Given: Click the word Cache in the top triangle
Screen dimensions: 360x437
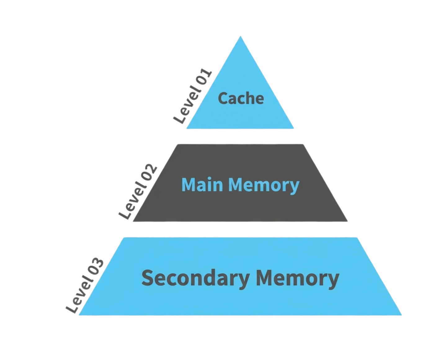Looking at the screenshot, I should [x=241, y=98].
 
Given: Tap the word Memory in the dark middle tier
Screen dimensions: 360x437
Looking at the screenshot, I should [x=264, y=186].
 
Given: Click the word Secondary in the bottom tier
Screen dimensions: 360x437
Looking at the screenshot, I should [x=195, y=278].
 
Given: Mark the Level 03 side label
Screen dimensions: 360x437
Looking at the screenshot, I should [x=84, y=286].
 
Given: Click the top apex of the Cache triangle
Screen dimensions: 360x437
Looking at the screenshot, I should [x=240, y=36].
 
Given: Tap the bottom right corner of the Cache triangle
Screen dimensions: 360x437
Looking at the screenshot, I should [x=293, y=128].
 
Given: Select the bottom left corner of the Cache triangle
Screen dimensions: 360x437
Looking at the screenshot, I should [x=186, y=128].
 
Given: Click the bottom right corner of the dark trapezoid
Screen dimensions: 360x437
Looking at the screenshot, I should [x=347, y=221].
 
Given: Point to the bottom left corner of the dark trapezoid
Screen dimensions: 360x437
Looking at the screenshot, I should [x=133, y=221].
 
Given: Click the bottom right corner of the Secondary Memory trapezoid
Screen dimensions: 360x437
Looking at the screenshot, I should [x=402, y=315].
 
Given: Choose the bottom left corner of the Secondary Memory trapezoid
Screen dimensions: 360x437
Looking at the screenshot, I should [x=78, y=315].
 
